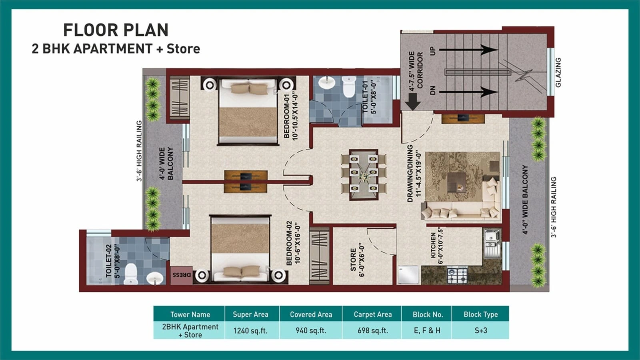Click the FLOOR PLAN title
(116, 30)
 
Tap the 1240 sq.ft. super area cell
(250, 331)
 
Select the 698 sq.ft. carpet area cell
(372, 331)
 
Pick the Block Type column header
(480, 314)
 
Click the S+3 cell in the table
(480, 331)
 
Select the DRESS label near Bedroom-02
(181, 275)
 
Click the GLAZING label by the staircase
(558, 72)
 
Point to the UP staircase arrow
(468, 50)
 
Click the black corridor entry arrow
(412, 102)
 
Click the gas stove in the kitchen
(457, 276)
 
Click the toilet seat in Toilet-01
(349, 88)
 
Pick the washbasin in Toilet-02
(154, 278)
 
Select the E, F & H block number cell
(427, 331)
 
